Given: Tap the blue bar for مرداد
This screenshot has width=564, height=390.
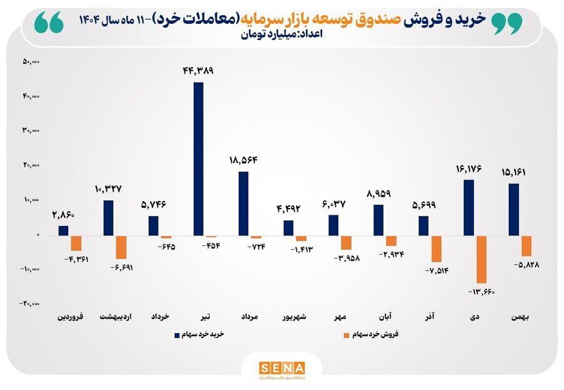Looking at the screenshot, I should tap(243, 203).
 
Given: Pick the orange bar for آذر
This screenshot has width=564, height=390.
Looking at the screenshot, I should tap(437, 249).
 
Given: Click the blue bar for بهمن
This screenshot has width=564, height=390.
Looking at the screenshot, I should tap(514, 209).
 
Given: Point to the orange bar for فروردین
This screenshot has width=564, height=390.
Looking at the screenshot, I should tap(76, 243).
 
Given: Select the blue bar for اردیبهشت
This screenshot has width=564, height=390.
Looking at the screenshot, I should tap(108, 217).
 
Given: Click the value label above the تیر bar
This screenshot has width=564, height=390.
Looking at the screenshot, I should tap(198, 71).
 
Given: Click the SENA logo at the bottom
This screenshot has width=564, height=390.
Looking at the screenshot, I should tap(281, 367).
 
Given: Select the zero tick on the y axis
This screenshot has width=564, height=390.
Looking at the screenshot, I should tap(38, 235).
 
